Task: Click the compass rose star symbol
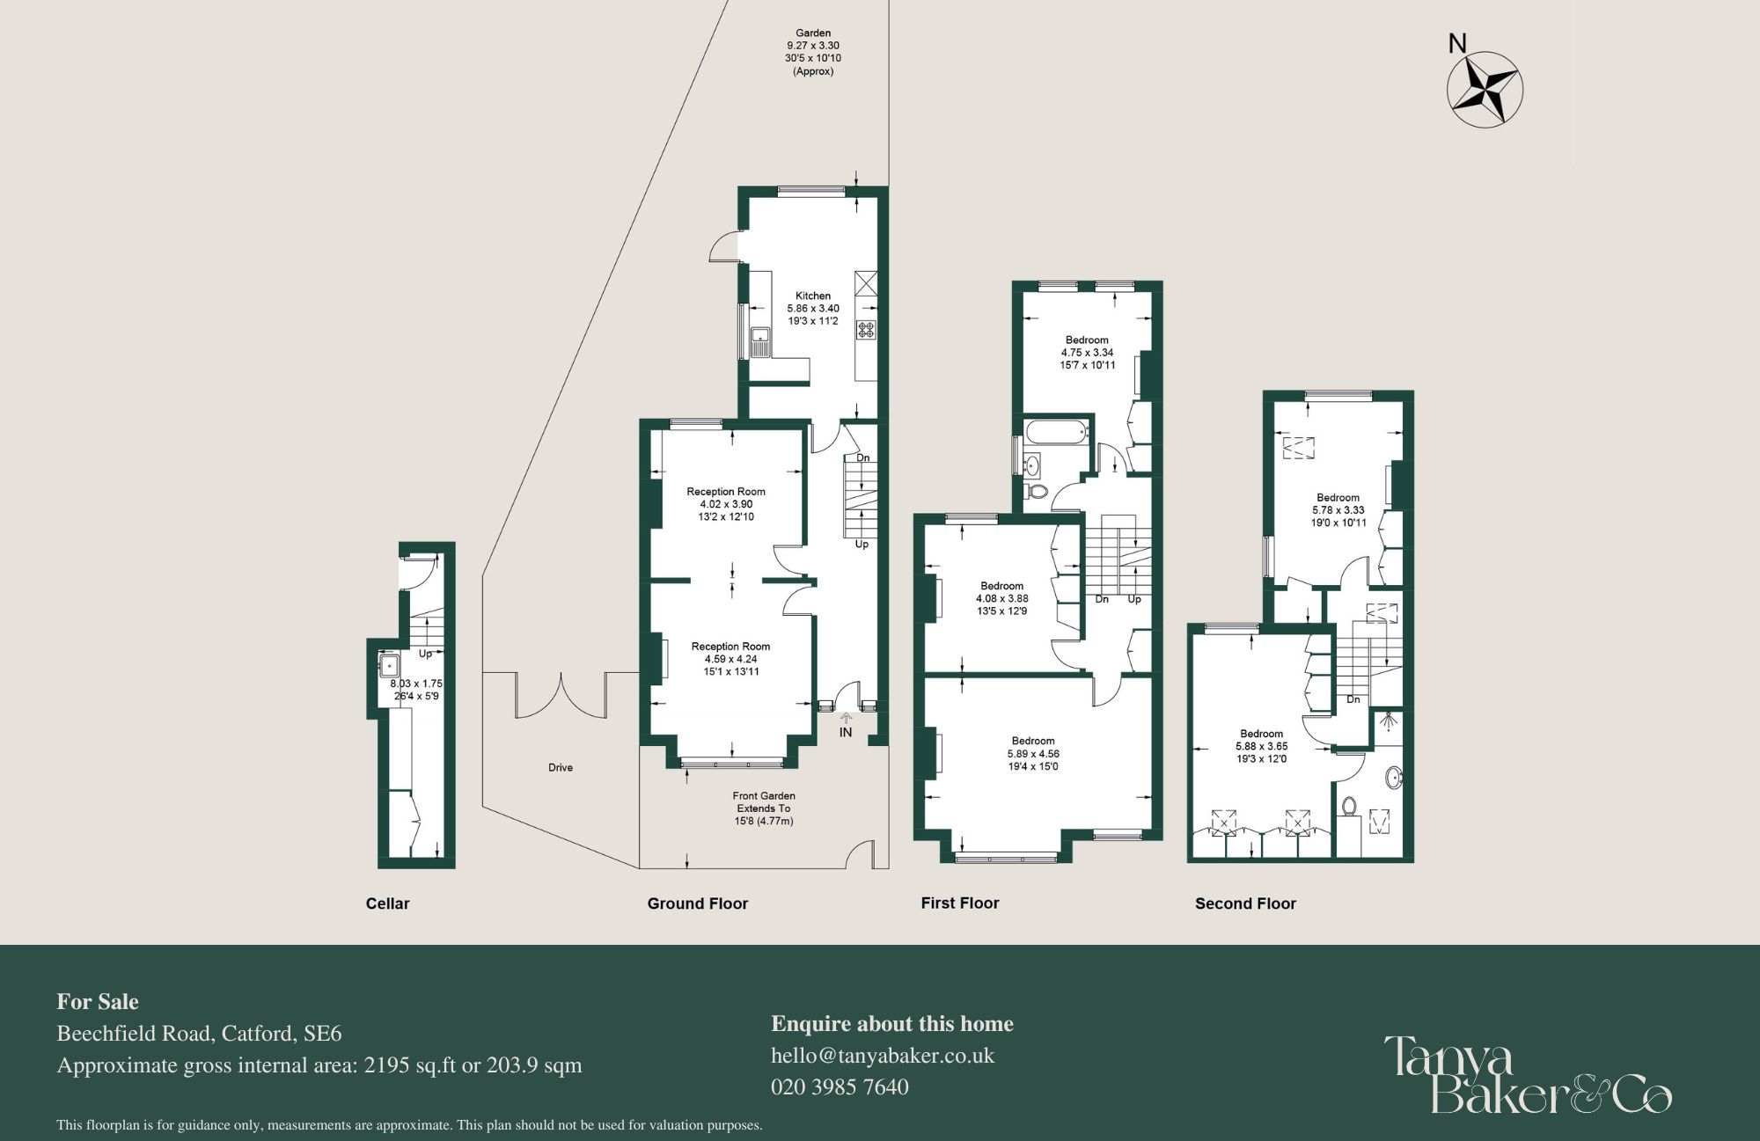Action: [1485, 89]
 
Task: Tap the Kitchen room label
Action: [813, 309]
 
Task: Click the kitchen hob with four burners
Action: [867, 330]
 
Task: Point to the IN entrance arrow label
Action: [846, 731]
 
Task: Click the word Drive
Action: [561, 768]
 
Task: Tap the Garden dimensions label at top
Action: [813, 52]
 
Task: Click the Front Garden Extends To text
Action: [764, 808]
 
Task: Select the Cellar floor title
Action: [388, 903]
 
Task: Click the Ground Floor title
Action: [698, 903]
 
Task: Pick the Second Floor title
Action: [1245, 903]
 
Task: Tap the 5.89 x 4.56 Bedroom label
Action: [1033, 754]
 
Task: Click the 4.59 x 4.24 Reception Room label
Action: [730, 659]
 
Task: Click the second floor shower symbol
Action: [1389, 724]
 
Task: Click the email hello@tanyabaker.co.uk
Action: [883, 1056]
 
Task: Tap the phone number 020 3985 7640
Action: [840, 1087]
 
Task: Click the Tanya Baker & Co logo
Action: [1527, 1074]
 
